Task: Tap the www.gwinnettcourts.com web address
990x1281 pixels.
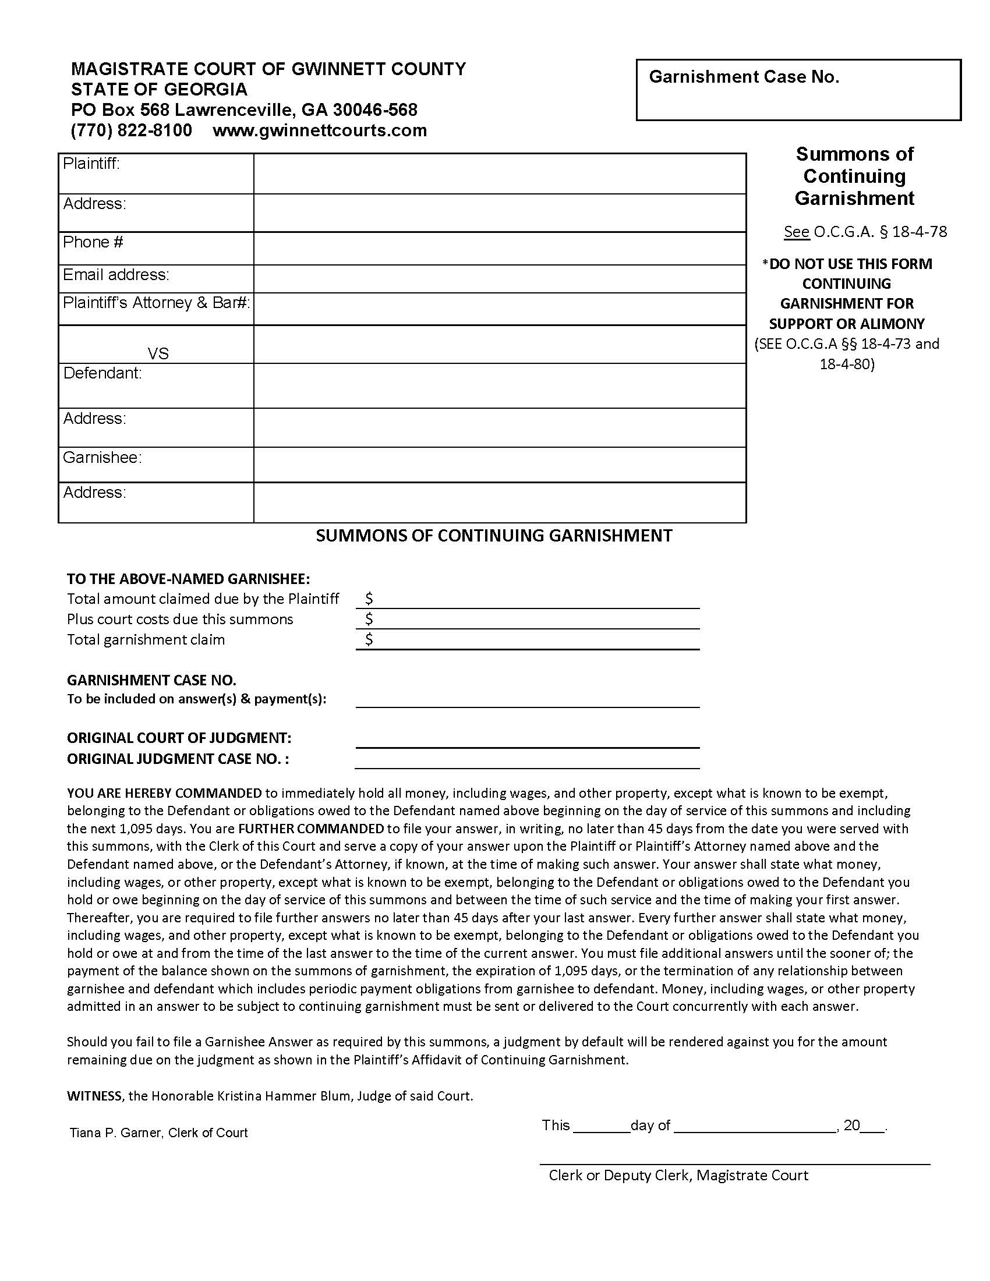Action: (x=320, y=130)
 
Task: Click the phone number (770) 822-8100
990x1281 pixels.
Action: (x=132, y=130)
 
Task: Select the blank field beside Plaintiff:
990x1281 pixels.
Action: (x=499, y=174)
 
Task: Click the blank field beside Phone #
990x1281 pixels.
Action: (x=499, y=249)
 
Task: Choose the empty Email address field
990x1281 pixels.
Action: (x=499, y=278)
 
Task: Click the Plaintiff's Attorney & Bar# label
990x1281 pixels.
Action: (x=156, y=303)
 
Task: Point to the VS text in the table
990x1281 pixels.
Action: (x=158, y=353)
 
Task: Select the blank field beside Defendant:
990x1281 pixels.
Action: (x=499, y=385)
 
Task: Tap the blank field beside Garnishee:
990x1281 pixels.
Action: (x=499, y=465)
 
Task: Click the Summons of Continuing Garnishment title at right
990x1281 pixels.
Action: (x=854, y=176)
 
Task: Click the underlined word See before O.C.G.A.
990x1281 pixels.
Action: (x=797, y=232)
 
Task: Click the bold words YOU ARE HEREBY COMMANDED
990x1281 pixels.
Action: (x=164, y=794)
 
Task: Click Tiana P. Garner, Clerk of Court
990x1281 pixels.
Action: (x=158, y=1133)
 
